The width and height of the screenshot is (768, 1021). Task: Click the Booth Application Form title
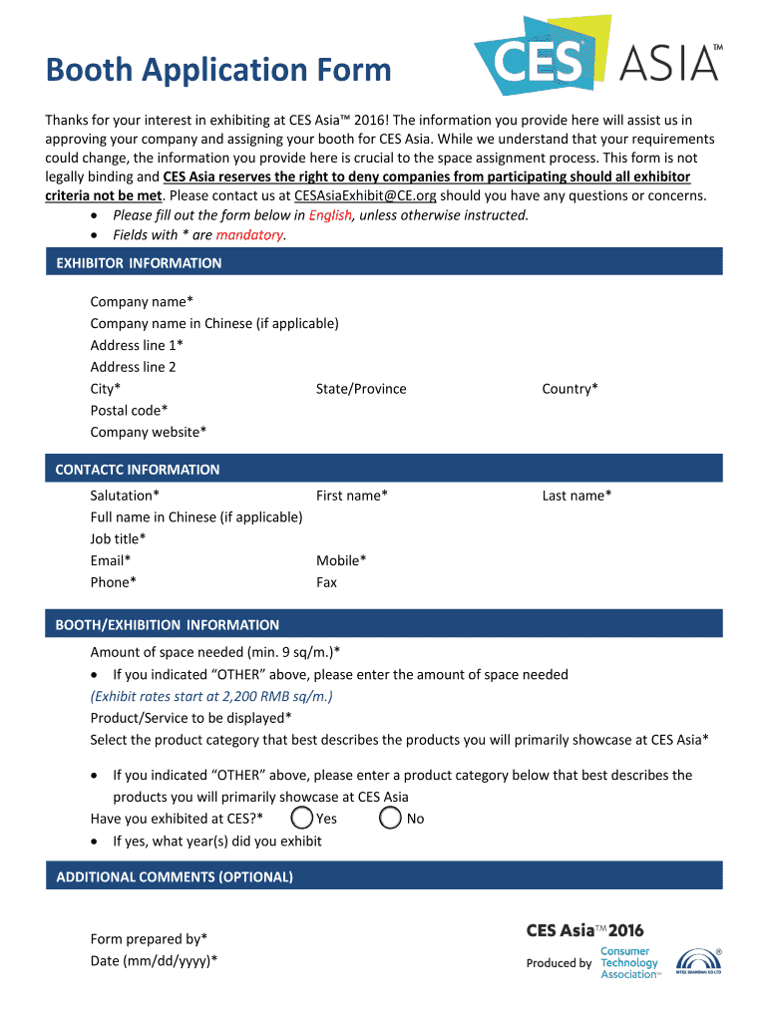[x=218, y=70]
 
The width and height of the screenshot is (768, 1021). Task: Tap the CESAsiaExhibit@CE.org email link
[x=365, y=195]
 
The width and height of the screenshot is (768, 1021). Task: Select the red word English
[x=330, y=215]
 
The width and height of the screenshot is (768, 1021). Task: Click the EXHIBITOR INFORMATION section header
[x=139, y=263]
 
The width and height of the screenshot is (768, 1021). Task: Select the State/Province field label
[x=361, y=389]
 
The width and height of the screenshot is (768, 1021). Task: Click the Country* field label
[x=570, y=389]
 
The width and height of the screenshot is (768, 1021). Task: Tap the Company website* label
[x=149, y=432]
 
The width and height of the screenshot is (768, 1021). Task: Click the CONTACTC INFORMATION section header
[x=138, y=470]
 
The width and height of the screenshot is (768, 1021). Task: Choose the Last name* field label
[x=576, y=496]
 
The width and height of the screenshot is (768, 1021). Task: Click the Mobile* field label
[x=341, y=560]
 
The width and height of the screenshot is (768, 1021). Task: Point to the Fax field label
[x=326, y=582]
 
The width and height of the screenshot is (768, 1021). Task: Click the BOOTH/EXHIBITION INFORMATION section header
[x=168, y=625]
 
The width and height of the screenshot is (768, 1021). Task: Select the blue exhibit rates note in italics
[x=211, y=696]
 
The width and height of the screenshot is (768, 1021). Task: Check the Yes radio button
[x=302, y=819]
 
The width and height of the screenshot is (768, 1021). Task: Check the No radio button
[x=391, y=819]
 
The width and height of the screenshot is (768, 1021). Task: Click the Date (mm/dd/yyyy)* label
[x=154, y=960]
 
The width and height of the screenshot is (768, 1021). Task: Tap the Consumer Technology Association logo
[x=630, y=963]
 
